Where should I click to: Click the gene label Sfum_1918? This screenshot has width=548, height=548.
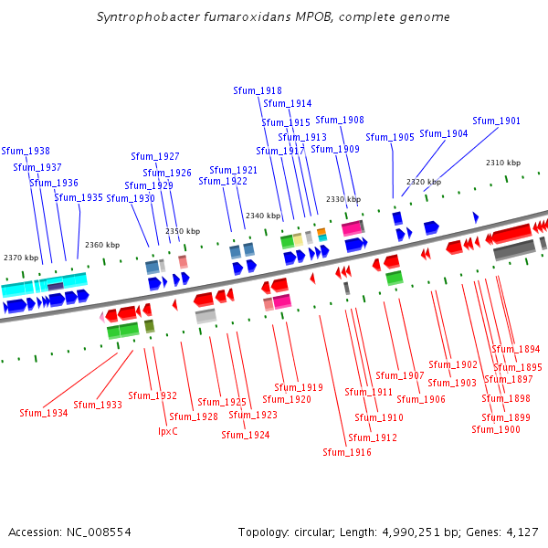click(x=258, y=90)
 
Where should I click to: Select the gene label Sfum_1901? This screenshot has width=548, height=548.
click(x=496, y=121)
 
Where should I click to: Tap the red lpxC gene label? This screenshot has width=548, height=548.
click(x=168, y=431)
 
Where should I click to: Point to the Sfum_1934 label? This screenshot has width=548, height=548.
click(x=44, y=413)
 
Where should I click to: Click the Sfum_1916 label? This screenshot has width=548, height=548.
click(x=347, y=452)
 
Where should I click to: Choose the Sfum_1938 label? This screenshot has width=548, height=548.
click(x=26, y=151)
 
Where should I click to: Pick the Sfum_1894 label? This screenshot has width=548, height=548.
click(x=516, y=349)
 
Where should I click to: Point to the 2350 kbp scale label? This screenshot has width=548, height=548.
click(x=183, y=231)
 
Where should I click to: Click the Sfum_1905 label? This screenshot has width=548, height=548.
click(x=390, y=137)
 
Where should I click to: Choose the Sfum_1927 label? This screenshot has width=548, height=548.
click(x=155, y=156)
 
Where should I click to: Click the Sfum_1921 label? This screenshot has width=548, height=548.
click(x=234, y=170)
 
